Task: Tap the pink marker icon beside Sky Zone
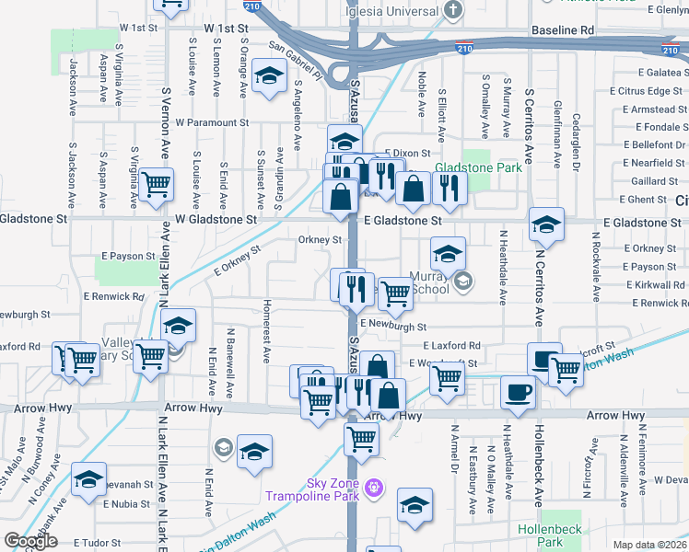click(x=373, y=486)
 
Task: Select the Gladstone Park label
click(x=479, y=167)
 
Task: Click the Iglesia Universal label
click(x=391, y=10)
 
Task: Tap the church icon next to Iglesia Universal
click(x=452, y=10)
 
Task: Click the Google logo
click(x=30, y=541)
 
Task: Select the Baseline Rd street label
click(x=563, y=30)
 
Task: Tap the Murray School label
click(x=429, y=282)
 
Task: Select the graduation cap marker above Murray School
click(x=448, y=251)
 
